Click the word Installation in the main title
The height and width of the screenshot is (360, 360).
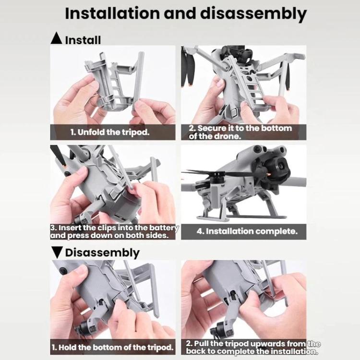112,13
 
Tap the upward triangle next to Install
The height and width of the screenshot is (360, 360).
56,38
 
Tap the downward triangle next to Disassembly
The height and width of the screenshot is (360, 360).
56,252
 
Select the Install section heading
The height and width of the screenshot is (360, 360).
83,40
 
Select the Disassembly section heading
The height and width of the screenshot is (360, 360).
102,253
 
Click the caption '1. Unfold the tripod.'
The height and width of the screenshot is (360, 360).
110,132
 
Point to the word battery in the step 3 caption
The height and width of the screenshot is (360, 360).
164,228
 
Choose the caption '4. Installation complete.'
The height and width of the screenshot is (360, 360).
247,231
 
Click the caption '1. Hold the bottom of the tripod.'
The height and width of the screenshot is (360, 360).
112,347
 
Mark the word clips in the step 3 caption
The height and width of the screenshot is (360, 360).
107,228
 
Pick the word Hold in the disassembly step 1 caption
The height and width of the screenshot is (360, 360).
68,347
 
